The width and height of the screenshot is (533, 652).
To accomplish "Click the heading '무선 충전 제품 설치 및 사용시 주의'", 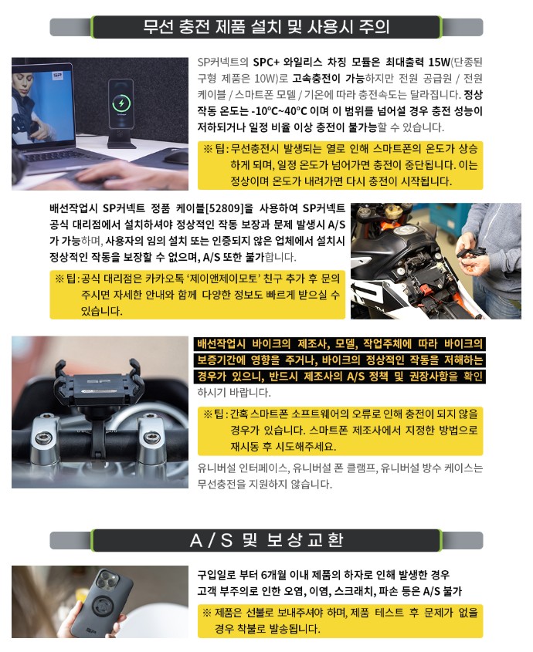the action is [x=266, y=27].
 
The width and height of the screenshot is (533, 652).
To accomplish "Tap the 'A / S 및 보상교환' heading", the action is [x=266, y=540].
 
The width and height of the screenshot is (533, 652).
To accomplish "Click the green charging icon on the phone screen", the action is [x=121, y=103].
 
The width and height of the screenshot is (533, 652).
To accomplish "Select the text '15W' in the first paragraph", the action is [x=440, y=62].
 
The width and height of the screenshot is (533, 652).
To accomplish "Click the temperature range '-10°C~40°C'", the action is [x=279, y=111].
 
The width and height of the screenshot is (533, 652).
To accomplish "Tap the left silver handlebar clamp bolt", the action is [x=42, y=437].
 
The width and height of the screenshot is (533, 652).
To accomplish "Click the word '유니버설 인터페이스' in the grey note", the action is [x=243, y=468].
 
